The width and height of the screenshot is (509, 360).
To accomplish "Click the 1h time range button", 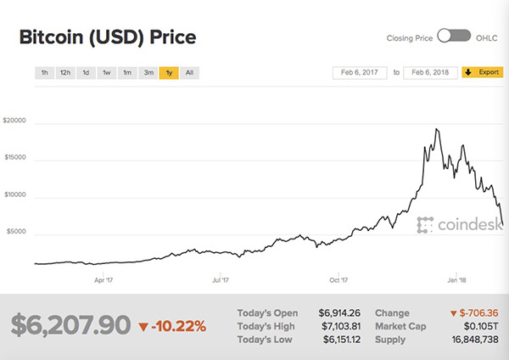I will [x=44, y=73].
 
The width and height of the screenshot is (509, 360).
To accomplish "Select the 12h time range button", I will [x=64, y=73].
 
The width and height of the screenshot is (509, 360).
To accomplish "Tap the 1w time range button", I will [x=107, y=73].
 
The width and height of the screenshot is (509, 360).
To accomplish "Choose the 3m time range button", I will [x=148, y=73].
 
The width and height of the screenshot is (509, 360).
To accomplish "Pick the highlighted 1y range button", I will [x=170, y=73].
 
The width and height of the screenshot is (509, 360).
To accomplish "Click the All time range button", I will [x=189, y=73].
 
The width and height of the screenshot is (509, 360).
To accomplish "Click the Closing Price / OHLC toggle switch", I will [x=454, y=37].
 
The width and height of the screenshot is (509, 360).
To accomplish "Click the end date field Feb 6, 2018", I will [x=430, y=72].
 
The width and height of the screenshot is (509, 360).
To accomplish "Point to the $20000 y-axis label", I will [x=15, y=121].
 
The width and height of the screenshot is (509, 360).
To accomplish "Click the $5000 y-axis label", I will [x=17, y=232].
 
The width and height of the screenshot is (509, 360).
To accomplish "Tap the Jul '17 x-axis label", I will [x=221, y=278].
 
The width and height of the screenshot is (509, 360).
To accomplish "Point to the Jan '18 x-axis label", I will [x=456, y=278].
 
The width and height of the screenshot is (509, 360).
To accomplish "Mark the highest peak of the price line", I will [x=436, y=129].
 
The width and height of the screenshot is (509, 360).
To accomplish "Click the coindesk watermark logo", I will [x=450, y=224].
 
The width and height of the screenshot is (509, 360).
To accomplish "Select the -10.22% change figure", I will [x=172, y=325].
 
